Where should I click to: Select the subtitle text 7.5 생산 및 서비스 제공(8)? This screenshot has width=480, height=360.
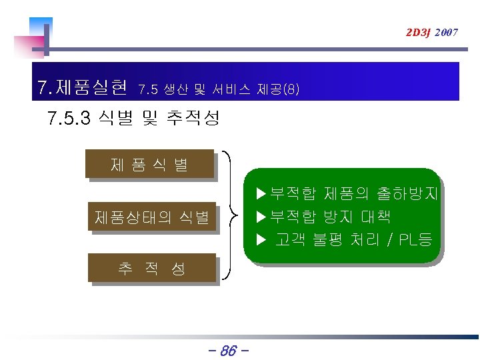click(219, 88)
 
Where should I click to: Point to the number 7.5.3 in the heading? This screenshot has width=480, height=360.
click(69, 119)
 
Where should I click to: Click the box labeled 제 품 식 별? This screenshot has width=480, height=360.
click(149, 164)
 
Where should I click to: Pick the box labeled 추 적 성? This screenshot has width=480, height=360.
click(152, 269)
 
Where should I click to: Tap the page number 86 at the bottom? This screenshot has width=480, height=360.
click(228, 349)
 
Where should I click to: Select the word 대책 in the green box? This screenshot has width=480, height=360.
click(376, 216)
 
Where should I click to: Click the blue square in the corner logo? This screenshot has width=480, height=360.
click(41, 27)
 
